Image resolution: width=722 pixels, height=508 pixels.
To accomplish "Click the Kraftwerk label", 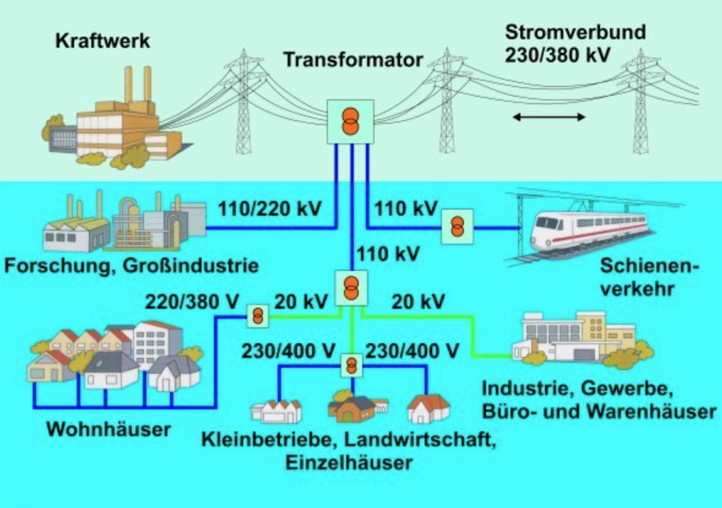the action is coord(103,40).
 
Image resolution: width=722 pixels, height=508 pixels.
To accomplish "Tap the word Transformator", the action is coord(353,60).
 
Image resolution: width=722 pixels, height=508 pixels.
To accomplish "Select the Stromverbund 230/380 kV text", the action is coord(575,44).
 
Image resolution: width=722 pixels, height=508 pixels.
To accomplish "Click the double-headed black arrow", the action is coord(549,117).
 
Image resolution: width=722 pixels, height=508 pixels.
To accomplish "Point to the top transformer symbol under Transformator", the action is coord(351,121).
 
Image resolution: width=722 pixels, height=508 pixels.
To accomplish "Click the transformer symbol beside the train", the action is coord(457,226).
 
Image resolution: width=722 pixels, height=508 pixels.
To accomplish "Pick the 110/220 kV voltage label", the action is coord(269,208).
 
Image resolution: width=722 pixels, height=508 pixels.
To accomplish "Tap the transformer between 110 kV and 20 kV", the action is coord(351,288).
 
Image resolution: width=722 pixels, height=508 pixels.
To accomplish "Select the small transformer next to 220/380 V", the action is coord(258,316).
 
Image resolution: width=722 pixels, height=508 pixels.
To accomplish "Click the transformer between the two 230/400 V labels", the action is coord(351,365).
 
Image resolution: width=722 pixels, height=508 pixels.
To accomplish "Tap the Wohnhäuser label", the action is coord(108,429).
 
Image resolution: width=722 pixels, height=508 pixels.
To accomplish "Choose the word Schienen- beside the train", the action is coord(650,266).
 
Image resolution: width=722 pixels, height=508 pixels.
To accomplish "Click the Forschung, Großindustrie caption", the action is coord(132,266).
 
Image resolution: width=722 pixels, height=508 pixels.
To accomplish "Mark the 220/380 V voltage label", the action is coord(192,302).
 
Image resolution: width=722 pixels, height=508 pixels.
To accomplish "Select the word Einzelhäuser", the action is coord(349,463).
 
